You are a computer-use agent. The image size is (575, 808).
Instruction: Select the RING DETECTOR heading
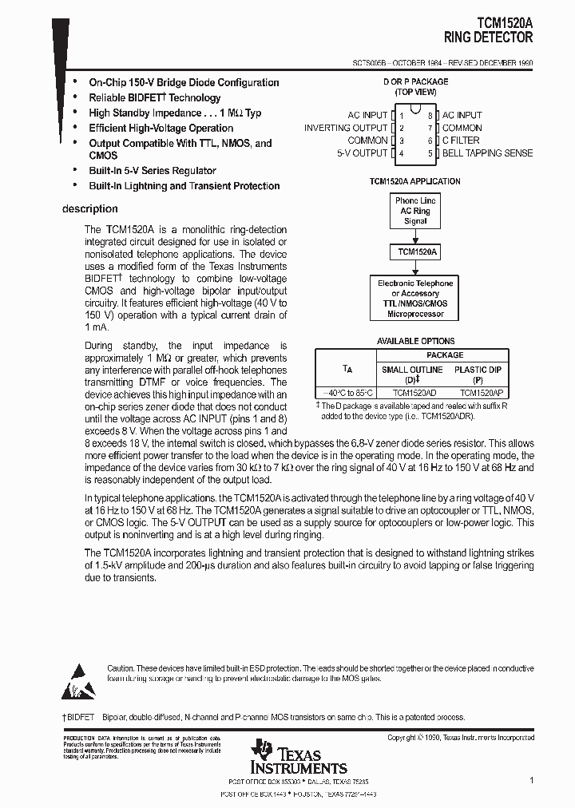point(489,37)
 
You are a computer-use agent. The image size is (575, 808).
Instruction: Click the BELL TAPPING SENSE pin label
point(487,153)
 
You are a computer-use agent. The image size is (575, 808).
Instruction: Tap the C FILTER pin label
point(462,141)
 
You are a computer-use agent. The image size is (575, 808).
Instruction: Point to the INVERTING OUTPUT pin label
point(345,128)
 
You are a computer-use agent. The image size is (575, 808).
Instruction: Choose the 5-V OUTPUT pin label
point(362,153)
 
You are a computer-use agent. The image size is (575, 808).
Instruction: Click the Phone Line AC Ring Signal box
point(415,211)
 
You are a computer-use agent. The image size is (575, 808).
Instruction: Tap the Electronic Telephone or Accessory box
point(415,299)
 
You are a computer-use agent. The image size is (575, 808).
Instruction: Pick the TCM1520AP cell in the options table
point(482,394)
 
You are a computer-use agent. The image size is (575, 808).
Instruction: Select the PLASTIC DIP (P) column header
point(478,375)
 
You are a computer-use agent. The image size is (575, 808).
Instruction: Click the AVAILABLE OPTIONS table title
point(415,342)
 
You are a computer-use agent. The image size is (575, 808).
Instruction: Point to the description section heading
point(89,209)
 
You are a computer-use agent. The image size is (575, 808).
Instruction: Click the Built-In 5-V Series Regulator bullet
point(152,171)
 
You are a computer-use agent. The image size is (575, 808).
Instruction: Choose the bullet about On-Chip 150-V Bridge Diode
point(184,82)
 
